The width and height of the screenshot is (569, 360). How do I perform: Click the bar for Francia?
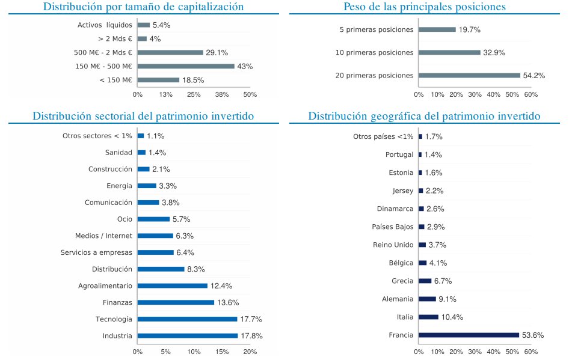coord(469,335)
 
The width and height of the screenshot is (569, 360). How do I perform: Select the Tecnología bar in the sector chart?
coord(187,319)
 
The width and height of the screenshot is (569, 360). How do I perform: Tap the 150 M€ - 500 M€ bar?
coord(186,66)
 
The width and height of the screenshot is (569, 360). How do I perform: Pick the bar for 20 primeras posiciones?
coord(469,75)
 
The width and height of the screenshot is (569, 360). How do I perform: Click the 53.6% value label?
coord(534,335)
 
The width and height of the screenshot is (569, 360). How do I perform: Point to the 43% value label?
coord(245,66)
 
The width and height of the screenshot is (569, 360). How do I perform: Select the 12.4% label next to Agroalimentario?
coord(221,285)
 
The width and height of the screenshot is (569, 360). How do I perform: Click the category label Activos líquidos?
coord(105,25)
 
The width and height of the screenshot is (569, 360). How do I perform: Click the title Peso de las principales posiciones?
coord(424,7)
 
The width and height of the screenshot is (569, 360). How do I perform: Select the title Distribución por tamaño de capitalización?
coord(144,7)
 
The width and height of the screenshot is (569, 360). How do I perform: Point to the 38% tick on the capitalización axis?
coord(222,94)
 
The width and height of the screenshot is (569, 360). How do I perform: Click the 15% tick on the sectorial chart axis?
coord(222,352)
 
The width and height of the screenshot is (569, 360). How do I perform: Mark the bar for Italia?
coord(428,317)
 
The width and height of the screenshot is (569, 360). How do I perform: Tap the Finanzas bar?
coord(176,302)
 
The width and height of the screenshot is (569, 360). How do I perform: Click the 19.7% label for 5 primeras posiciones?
coord(469,29)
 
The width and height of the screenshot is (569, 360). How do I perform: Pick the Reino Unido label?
coord(393,245)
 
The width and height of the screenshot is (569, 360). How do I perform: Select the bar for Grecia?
coord(425,281)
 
